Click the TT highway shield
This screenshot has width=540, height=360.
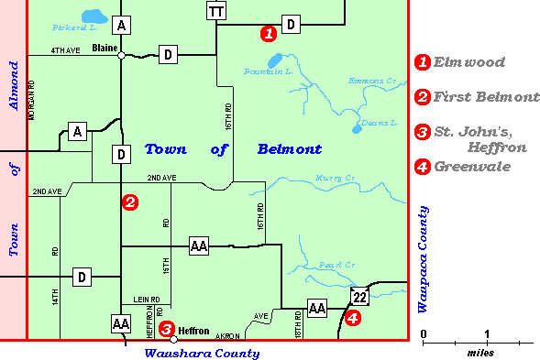click(216, 11)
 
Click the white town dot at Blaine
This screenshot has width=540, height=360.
click(121, 56)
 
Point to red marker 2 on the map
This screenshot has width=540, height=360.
click(130, 202)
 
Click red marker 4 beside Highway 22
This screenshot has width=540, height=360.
click(352, 319)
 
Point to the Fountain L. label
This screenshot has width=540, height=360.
click(268, 71)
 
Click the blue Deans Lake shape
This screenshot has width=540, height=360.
click(356, 130)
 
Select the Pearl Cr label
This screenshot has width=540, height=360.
click(336, 266)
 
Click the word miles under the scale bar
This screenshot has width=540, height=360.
click(479, 352)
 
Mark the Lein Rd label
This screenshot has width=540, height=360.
click(147, 299)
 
